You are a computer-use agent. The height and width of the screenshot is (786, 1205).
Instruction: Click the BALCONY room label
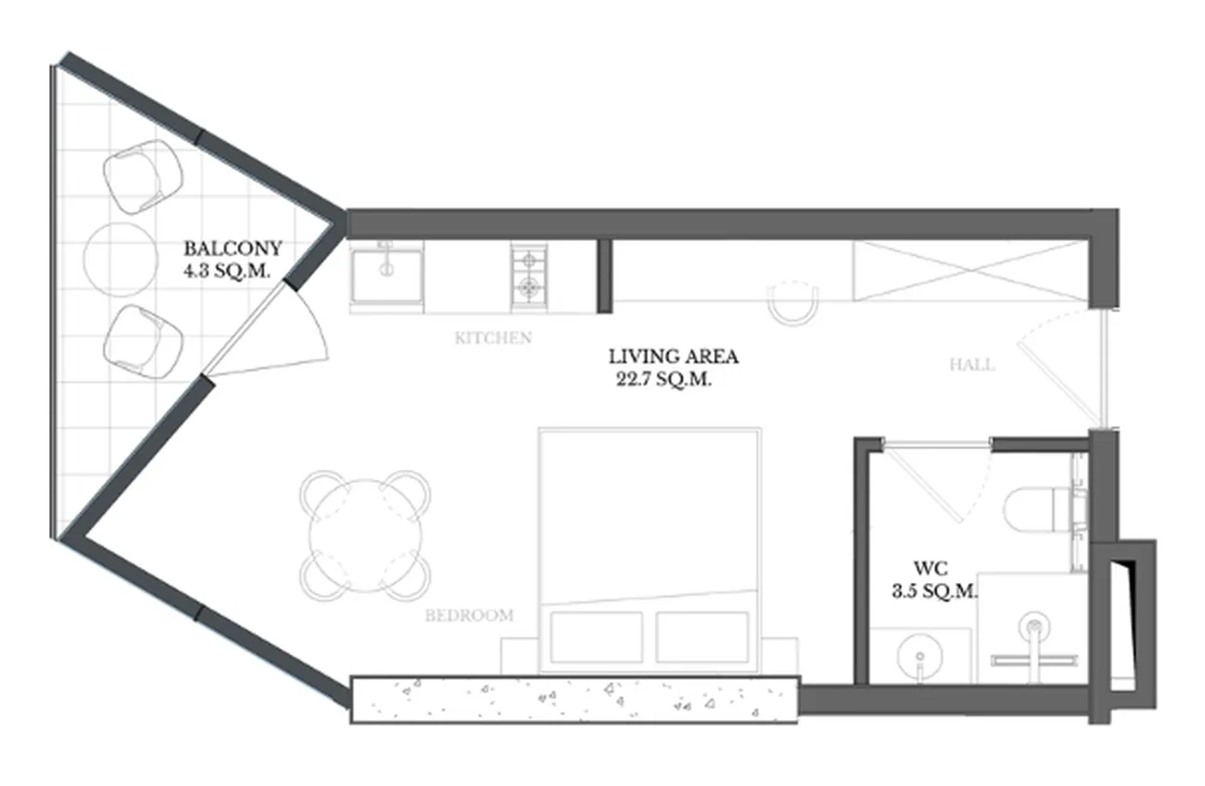(x=233, y=248)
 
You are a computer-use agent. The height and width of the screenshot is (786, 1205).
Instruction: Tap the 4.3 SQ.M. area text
(x=226, y=272)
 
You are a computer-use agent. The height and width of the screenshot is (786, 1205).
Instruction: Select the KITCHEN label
(x=493, y=338)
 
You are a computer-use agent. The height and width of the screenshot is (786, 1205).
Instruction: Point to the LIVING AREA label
(x=673, y=357)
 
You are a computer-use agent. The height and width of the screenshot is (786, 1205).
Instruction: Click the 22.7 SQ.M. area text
(x=664, y=379)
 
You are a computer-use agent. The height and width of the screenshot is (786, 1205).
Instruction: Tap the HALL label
(x=971, y=365)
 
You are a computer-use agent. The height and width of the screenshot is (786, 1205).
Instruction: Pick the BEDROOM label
(x=469, y=615)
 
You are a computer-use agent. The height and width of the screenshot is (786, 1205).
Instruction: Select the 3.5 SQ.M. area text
(x=934, y=591)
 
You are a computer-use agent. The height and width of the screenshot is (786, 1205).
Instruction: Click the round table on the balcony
(x=120, y=260)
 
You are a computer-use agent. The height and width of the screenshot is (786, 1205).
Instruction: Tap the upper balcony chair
(x=143, y=176)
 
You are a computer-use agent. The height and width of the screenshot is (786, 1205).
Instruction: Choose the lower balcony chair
(x=143, y=342)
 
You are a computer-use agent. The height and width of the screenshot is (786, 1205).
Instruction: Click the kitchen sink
(x=387, y=276)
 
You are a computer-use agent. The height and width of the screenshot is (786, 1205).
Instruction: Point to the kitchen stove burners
(x=528, y=276)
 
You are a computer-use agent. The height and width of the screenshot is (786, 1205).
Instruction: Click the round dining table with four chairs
(x=365, y=536)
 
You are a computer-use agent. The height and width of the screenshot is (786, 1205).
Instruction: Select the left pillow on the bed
(x=596, y=637)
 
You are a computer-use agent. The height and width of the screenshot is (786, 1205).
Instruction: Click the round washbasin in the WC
(x=920, y=657)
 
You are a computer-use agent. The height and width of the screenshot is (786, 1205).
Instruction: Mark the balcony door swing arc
(x=314, y=320)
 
